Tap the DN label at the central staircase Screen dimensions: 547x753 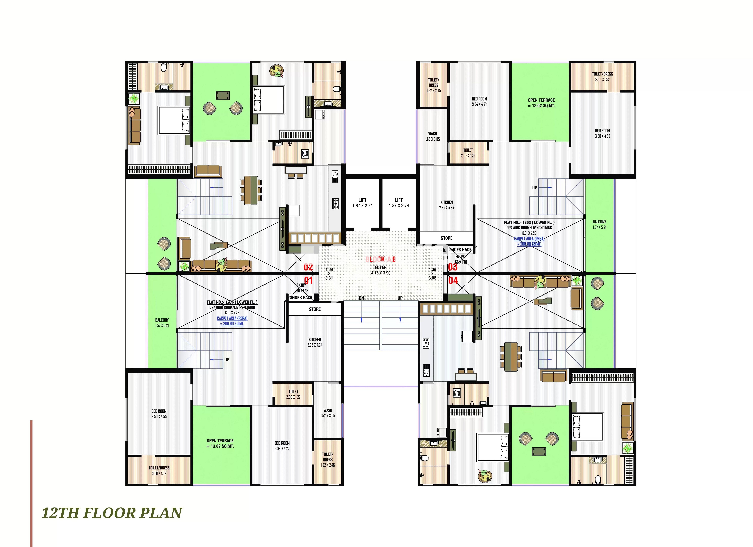point(361,298)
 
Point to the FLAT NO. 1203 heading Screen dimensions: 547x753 point(529,223)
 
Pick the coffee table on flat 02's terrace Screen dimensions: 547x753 point(222,95)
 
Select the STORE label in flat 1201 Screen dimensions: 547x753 point(315,309)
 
